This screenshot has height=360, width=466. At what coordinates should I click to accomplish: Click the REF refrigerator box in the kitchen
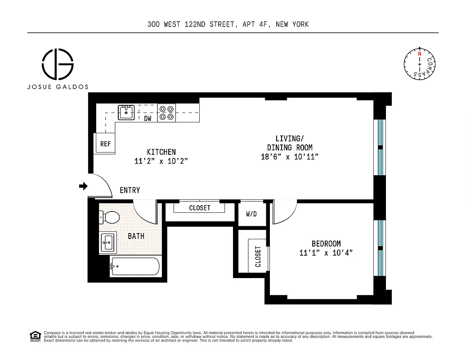coord(105,144)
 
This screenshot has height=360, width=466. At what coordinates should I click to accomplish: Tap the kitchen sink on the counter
coord(126,112)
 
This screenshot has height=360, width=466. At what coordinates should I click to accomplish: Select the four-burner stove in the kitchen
coord(166,112)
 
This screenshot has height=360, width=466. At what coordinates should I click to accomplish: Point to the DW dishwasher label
coord(148,119)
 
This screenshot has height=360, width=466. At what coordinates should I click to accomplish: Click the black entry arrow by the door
coord(83,186)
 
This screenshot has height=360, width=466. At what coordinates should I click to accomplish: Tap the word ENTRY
coord(130,190)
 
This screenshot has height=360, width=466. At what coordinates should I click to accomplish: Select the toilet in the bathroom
coord(109,218)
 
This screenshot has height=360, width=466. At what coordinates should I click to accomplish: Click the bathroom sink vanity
coord(108,243)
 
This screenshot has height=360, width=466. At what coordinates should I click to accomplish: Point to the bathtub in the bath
coord(135,266)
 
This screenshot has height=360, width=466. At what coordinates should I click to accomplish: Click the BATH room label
coord(136,236)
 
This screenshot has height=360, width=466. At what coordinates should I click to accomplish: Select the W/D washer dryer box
coord(251,214)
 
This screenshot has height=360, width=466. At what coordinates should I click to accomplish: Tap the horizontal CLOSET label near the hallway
coord(199,208)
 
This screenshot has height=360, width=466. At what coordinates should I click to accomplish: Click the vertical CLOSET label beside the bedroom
coord(258,256)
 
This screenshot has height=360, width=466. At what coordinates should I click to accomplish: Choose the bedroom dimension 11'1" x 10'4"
coord(326,253)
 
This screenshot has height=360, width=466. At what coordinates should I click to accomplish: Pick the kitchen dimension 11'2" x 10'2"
coord(161,161)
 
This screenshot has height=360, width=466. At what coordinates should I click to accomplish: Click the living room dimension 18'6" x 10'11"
coord(290,157)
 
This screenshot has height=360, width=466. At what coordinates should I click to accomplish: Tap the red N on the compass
coord(419,54)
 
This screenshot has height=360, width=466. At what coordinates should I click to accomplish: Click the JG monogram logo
coord(58,64)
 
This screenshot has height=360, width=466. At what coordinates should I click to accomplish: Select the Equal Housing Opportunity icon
coord(34,336)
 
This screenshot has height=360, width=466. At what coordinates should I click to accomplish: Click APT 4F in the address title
coord(254,24)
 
